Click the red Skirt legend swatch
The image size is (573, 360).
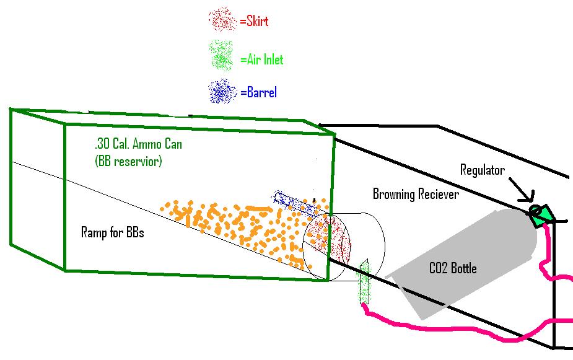click(222, 20)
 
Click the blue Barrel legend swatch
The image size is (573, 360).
click(222, 92)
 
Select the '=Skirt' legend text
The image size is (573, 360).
click(254, 21)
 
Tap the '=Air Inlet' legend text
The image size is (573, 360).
click(261, 59)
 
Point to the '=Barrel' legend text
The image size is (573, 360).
click(258, 93)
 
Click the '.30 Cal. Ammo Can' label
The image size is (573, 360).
click(139, 144)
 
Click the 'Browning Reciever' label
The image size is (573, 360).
click(416, 195)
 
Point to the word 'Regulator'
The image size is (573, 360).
click(483, 170)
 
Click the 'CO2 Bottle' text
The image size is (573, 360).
click(453, 269)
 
